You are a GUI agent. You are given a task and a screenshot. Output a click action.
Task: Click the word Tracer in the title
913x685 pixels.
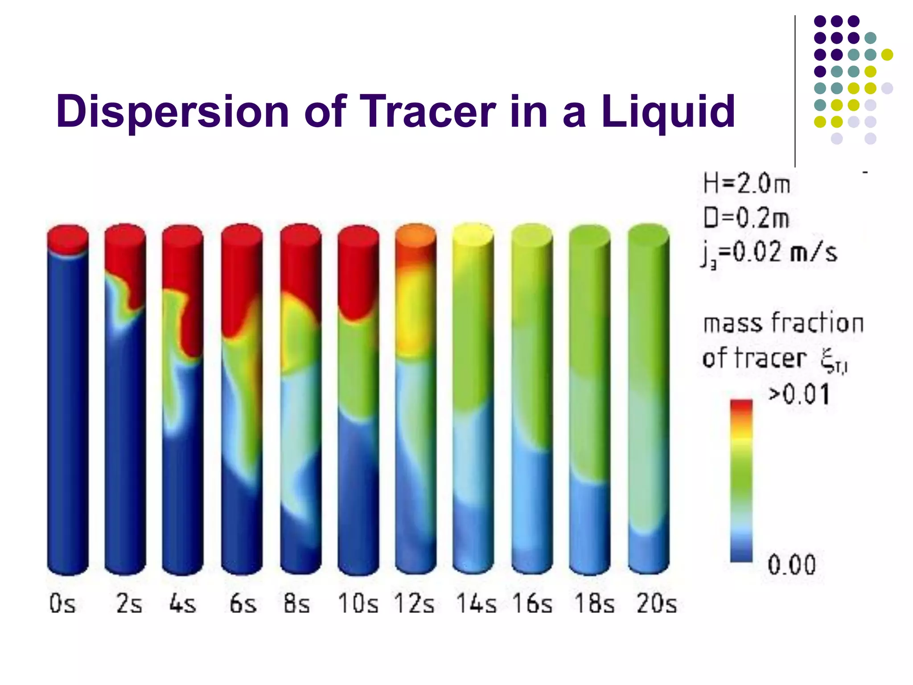[x=428, y=111]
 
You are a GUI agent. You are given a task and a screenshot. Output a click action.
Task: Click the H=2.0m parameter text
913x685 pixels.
[x=746, y=184]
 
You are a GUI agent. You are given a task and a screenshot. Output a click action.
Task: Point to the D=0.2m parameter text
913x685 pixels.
[x=746, y=219]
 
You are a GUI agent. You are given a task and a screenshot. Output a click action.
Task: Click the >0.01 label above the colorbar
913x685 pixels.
[x=799, y=394]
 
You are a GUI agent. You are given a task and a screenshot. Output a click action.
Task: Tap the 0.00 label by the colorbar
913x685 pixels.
[x=792, y=565]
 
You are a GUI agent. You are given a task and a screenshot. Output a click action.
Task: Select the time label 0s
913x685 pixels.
[x=62, y=604]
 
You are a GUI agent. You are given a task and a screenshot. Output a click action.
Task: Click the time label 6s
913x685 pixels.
[x=243, y=604]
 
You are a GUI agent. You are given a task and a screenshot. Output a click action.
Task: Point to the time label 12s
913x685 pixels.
[x=414, y=604]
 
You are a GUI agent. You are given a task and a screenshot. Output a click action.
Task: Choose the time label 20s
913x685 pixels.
[x=657, y=604]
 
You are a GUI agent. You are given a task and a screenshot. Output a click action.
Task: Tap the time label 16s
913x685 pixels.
[x=532, y=604]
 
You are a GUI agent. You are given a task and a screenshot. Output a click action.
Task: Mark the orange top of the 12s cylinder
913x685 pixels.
[x=415, y=236]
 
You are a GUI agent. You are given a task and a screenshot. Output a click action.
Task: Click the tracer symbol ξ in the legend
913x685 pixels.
[x=830, y=359]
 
